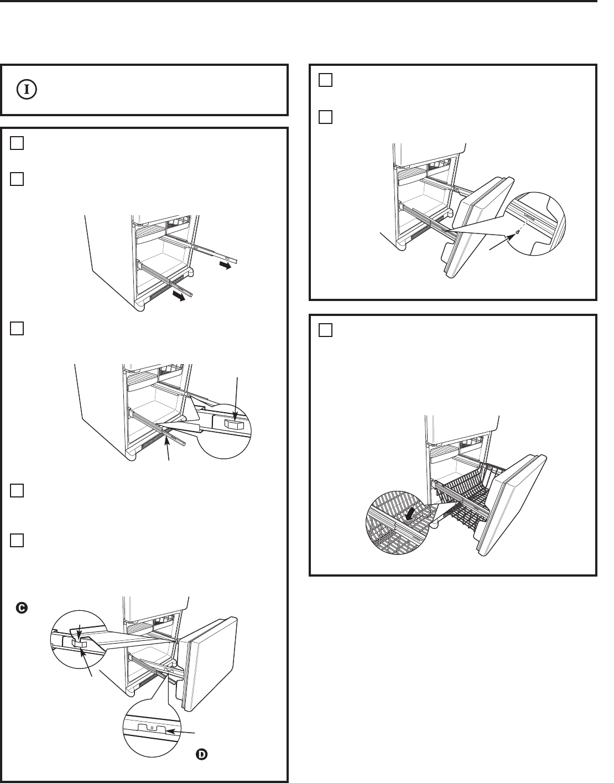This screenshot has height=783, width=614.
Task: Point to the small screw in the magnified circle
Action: tap(516, 232)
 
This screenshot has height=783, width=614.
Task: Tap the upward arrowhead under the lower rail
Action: tap(166, 440)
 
